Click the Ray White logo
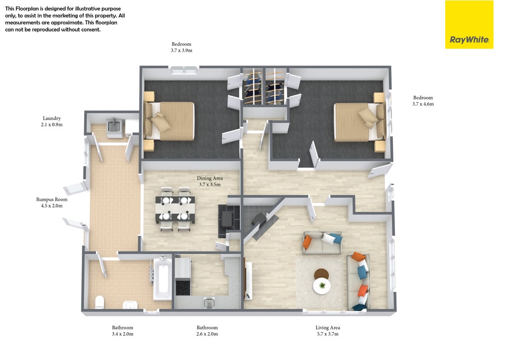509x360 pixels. click(469, 25)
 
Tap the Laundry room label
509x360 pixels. click(52, 118)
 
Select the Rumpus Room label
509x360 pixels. click(52, 199)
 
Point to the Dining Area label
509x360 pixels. click(210, 178)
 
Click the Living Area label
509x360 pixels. click(327, 328)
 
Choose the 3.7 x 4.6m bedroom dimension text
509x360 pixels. click(423, 104)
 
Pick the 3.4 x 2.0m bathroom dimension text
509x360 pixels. click(122, 334)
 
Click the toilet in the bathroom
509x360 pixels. click(99, 302)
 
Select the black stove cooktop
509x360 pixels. click(183, 288)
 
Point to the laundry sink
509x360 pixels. click(114, 126)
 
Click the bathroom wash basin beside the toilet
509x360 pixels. click(130, 305)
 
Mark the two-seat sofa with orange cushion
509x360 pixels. click(322, 243)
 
